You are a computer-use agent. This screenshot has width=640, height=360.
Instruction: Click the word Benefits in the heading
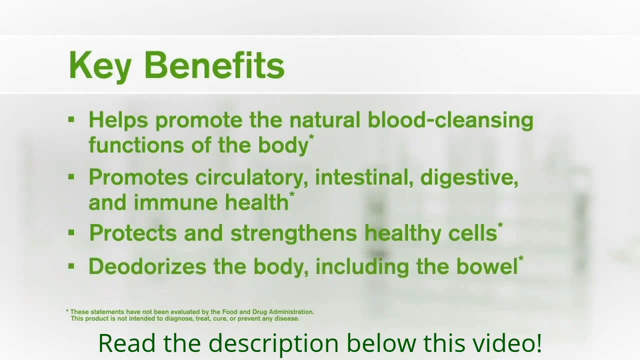point(214,65)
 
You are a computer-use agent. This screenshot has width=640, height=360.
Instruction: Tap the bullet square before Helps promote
point(71,119)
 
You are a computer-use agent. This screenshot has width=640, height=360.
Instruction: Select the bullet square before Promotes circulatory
point(71,176)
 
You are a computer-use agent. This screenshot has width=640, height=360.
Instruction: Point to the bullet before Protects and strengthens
point(71,232)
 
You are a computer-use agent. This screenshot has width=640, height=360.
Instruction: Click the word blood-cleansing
point(450,120)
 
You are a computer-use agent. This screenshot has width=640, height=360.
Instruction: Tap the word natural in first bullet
point(324,120)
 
